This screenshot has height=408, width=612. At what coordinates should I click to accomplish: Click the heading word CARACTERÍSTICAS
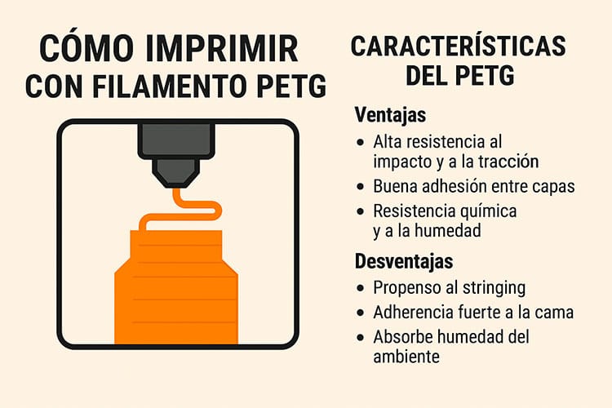click(458, 47)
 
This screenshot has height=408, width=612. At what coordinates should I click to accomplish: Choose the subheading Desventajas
click(405, 263)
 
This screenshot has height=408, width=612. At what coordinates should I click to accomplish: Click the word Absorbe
click(401, 336)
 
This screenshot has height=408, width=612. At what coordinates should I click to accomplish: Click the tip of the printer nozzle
click(176, 184)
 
